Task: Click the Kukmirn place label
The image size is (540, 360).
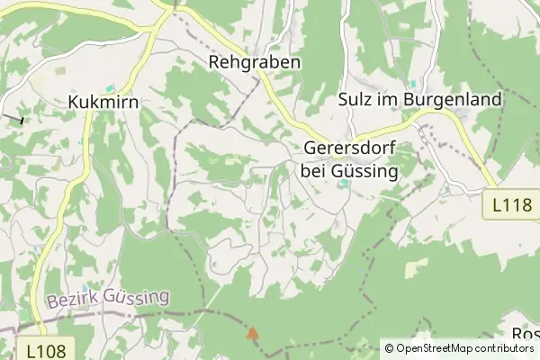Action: coord(103,103)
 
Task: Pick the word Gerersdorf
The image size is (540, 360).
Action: coord(351,148)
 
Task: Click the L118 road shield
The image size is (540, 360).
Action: coord(512,205)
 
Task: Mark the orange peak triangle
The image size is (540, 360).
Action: coord(252,333)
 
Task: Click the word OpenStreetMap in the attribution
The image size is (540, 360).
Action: coord(442,347)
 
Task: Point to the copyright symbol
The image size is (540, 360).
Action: coord(389,347)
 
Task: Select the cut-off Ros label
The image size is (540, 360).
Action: coord(525,334)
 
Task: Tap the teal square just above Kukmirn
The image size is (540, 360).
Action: coord(110,88)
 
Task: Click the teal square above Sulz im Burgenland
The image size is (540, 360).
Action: coord(412,84)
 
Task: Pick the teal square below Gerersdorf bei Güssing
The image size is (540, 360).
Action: coord(345,185)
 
